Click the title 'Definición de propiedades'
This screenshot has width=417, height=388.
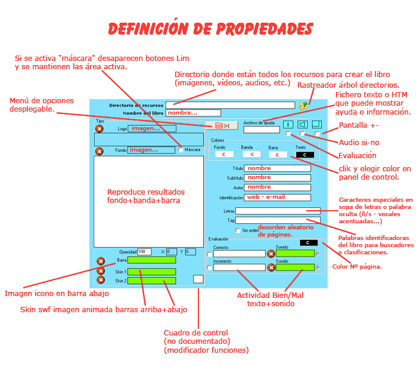click(x=210, y=29)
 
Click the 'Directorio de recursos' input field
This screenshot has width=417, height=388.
click(x=231, y=105)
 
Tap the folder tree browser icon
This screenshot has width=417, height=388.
click(x=305, y=105)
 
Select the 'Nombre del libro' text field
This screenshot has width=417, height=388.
click(x=194, y=113)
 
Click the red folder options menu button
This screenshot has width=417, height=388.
click(x=222, y=125)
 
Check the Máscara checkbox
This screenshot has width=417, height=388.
click(x=181, y=150)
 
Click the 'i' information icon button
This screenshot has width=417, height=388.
click(x=288, y=125)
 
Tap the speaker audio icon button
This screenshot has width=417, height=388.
click(x=303, y=125)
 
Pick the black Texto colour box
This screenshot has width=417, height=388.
click(x=304, y=155)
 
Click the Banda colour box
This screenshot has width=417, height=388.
click(x=251, y=155)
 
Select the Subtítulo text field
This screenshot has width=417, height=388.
click(x=278, y=178)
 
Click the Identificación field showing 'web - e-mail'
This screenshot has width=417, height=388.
click(x=278, y=198)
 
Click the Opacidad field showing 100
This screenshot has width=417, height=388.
click(x=144, y=252)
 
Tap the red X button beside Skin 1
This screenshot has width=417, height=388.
click(x=101, y=271)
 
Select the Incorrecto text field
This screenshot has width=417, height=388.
click(x=239, y=267)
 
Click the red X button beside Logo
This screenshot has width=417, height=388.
click(x=99, y=128)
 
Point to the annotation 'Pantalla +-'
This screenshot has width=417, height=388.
click(x=359, y=125)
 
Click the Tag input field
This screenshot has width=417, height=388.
click(x=278, y=220)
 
